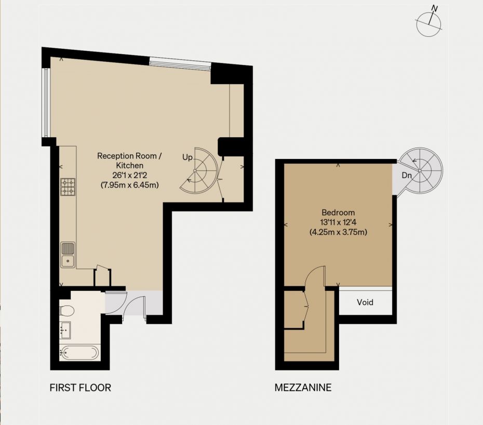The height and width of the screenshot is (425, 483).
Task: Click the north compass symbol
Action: click(429, 24)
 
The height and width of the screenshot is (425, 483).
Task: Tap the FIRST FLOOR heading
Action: click(80, 388)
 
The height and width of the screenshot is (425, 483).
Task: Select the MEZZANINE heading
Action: click(303, 388)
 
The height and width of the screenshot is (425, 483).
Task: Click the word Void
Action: click(365, 302)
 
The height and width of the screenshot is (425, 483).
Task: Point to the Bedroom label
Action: click(338, 212)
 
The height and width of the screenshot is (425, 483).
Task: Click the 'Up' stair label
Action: click(187, 157)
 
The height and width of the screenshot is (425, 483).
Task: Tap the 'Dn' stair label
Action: click(407, 176)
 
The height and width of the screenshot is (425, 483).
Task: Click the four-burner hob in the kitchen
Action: click(68, 187)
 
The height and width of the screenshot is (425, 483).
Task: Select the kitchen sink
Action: click(68, 255)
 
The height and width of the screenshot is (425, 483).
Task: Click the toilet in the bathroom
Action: click(66, 310)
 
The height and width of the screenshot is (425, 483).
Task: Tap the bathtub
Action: click(79, 353)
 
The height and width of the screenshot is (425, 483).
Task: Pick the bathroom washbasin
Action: click(65, 330)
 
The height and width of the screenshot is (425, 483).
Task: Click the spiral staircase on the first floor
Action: click(199, 171)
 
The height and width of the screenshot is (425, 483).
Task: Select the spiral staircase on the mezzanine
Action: click(421, 170)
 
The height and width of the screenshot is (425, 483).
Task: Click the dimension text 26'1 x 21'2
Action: click(130, 176)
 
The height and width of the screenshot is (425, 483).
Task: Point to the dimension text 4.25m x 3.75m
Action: click(338, 232)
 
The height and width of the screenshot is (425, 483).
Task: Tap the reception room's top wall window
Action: click(180, 64)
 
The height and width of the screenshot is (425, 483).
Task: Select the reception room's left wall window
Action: click(46, 102)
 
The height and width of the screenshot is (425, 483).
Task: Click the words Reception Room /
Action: click(129, 156)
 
